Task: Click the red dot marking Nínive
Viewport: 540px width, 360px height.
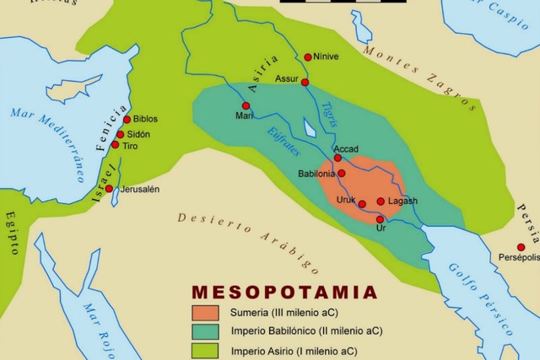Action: (x=307, y=56)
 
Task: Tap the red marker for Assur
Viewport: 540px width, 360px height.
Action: (x=305, y=82)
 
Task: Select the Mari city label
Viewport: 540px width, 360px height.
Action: (x=245, y=116)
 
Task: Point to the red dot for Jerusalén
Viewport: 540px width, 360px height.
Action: (x=109, y=189)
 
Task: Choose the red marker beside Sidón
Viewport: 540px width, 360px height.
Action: (x=120, y=134)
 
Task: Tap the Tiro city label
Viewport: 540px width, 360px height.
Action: (x=130, y=147)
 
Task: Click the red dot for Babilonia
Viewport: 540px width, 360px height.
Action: (x=342, y=173)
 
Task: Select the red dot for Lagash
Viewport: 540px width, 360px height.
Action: (x=381, y=201)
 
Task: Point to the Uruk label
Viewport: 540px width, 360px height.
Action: (x=346, y=201)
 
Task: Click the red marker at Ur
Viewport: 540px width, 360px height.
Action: (x=380, y=219)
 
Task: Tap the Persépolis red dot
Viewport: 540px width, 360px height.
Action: (x=525, y=245)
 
